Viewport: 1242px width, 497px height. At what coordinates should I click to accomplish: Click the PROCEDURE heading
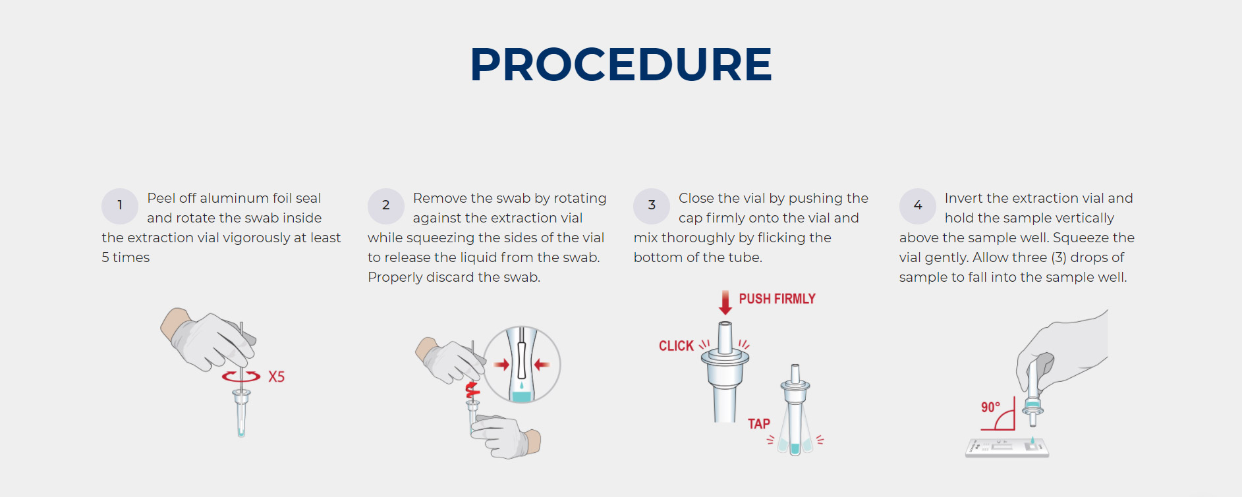click(x=621, y=65)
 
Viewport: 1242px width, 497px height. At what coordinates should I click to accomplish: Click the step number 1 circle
click(x=120, y=206)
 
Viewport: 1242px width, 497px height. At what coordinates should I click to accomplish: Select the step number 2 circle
click(x=386, y=206)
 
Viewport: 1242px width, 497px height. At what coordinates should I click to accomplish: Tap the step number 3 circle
click(x=652, y=206)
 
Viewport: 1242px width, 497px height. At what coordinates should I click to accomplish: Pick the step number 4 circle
click(x=918, y=206)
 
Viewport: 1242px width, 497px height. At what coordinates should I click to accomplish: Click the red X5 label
click(x=277, y=377)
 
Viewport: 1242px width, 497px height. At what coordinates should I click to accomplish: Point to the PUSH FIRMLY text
click(x=777, y=299)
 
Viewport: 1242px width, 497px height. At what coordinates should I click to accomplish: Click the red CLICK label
click(x=676, y=346)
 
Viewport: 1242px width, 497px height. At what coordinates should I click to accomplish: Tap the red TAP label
click(x=759, y=424)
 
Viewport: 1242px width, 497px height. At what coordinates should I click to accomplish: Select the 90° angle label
click(x=990, y=407)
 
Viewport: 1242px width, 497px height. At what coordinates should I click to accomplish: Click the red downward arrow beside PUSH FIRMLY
click(x=725, y=303)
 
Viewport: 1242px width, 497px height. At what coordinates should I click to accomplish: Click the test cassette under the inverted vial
click(x=1007, y=448)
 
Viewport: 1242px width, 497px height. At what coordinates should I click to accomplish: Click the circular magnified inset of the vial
click(x=522, y=365)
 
